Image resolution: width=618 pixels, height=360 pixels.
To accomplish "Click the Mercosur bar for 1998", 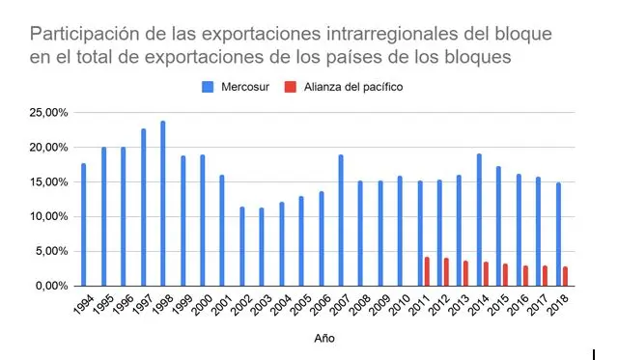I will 162,204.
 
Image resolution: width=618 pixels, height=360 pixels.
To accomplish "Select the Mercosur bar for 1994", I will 83,225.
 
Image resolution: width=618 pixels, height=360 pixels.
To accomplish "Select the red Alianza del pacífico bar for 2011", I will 427,271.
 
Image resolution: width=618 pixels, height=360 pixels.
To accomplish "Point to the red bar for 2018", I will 565,276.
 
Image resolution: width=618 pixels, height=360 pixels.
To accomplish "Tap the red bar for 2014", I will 486,274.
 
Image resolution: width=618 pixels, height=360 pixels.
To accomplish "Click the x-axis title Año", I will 325,339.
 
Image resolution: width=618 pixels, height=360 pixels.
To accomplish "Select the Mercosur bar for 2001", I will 222,231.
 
